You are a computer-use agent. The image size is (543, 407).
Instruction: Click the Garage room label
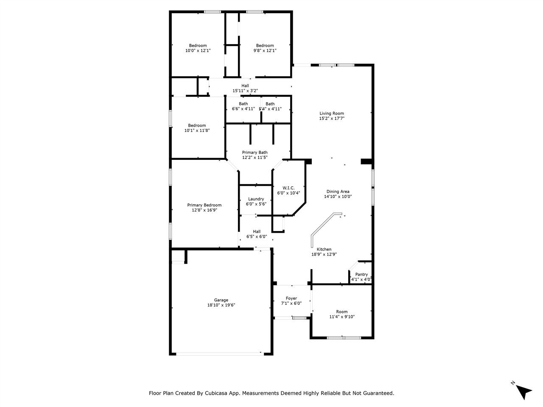[221, 300]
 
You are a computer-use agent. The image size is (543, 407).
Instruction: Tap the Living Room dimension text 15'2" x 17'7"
[331, 118]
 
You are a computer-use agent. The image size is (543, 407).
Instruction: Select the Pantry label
[361, 274]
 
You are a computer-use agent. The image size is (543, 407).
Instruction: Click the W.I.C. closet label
[288, 188]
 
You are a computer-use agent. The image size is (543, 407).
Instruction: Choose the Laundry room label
[256, 199]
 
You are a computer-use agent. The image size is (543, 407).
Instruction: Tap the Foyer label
[291, 298]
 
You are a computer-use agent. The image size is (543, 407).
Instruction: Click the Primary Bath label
[255, 153]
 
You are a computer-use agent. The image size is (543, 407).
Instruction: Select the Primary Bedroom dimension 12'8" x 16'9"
[204, 210]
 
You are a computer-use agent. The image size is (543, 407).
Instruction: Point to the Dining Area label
[338, 192]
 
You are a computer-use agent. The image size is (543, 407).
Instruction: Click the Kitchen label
[324, 249]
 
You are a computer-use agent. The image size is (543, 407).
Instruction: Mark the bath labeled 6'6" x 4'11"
[243, 106]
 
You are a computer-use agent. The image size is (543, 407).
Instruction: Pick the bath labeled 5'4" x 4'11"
[270, 106]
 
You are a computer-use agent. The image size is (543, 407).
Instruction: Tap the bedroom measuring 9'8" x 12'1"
[265, 48]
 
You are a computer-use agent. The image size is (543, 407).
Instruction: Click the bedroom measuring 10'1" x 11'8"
[197, 128]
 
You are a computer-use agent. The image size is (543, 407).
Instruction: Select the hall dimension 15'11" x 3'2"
[245, 91]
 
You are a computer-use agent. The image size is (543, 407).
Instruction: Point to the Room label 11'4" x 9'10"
[341, 314]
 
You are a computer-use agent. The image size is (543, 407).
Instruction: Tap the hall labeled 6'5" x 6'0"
[257, 234]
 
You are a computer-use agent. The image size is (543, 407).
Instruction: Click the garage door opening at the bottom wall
[220, 354]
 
